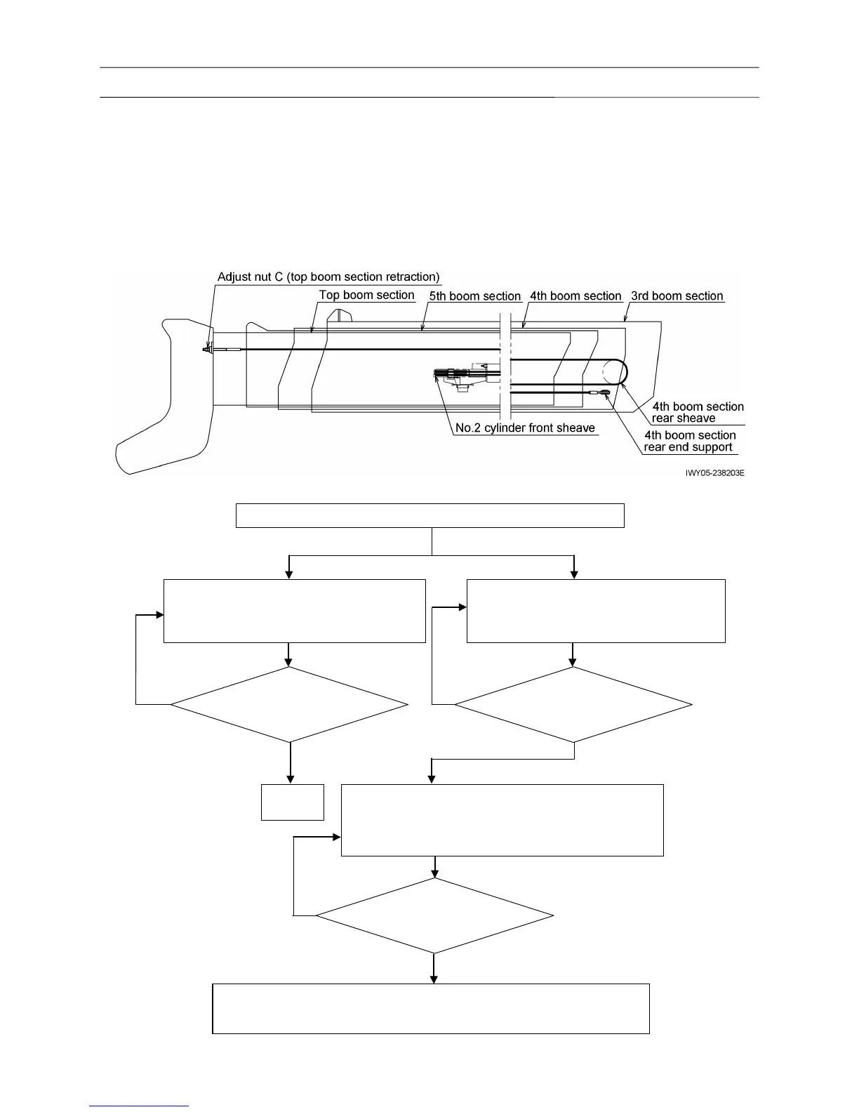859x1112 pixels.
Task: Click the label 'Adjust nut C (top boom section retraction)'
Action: pos(328,277)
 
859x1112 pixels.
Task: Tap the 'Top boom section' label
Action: pos(366,296)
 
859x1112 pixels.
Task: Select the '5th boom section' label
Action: pos(475,296)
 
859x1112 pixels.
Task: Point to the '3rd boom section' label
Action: pos(677,296)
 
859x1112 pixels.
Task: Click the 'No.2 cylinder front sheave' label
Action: pos(525,428)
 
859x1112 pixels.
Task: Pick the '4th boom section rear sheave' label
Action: pos(698,412)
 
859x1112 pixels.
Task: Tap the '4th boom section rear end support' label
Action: pos(689,441)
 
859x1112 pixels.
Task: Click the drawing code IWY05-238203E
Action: pos(714,473)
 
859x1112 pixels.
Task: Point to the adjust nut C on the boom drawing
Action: pos(207,349)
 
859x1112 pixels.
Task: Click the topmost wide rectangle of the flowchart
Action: pos(429,515)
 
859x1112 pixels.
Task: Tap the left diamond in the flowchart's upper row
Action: pos(289,704)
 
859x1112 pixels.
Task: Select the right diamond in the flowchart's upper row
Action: pos(573,704)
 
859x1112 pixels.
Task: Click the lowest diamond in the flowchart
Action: pos(434,915)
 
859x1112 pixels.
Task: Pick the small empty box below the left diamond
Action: pos(293,802)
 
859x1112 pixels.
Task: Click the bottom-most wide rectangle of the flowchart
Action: pos(430,1009)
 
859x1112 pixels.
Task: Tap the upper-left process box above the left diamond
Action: pos(295,611)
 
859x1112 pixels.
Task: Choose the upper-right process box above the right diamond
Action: pos(596,611)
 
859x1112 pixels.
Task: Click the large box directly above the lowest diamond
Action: pos(502,820)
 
